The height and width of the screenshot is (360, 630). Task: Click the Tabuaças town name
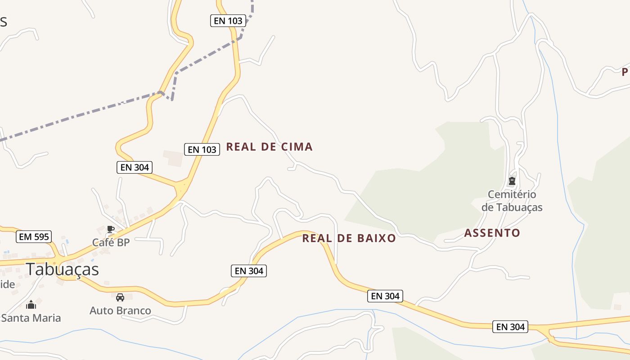62,269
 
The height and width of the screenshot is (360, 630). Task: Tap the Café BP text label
111,243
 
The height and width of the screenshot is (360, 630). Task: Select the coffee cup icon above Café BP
111,229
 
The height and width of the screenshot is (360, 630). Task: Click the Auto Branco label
120,310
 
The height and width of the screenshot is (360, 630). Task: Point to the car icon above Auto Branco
120,297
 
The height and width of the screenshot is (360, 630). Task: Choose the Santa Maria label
31,318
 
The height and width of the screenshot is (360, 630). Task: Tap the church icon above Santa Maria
31,305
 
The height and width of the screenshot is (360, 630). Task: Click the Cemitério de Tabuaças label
512,201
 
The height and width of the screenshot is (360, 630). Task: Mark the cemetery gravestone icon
512,181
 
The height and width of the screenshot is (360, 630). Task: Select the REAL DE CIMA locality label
269,147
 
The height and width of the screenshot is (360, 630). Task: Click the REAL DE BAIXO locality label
349,238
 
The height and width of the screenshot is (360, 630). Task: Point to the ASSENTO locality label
492,233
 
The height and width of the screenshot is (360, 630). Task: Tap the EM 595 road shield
34,237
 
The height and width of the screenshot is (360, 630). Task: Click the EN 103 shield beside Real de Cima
202,149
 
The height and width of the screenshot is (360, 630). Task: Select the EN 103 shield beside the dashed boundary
228,21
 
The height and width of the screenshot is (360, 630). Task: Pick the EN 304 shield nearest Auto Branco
249,271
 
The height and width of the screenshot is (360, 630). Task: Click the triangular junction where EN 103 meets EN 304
182,187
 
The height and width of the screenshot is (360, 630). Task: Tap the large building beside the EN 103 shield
173,158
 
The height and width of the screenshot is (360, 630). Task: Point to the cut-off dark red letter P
625,72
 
